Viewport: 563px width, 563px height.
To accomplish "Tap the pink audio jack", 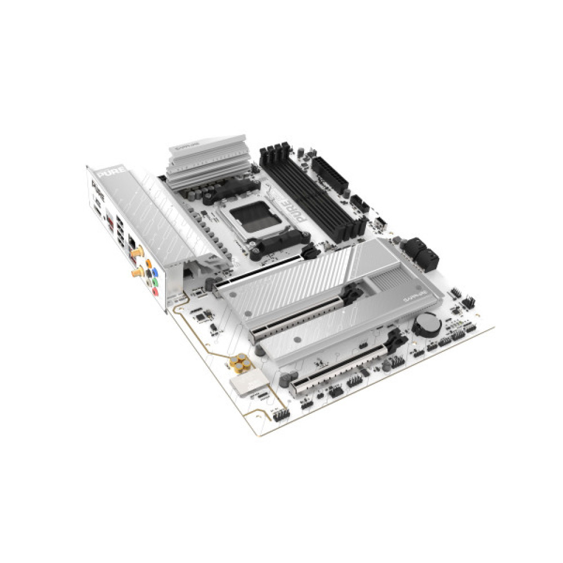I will (x=155, y=292).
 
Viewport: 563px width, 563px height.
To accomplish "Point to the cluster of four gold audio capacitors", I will (x=242, y=363).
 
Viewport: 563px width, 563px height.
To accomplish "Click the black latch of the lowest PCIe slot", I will (x=396, y=338).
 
